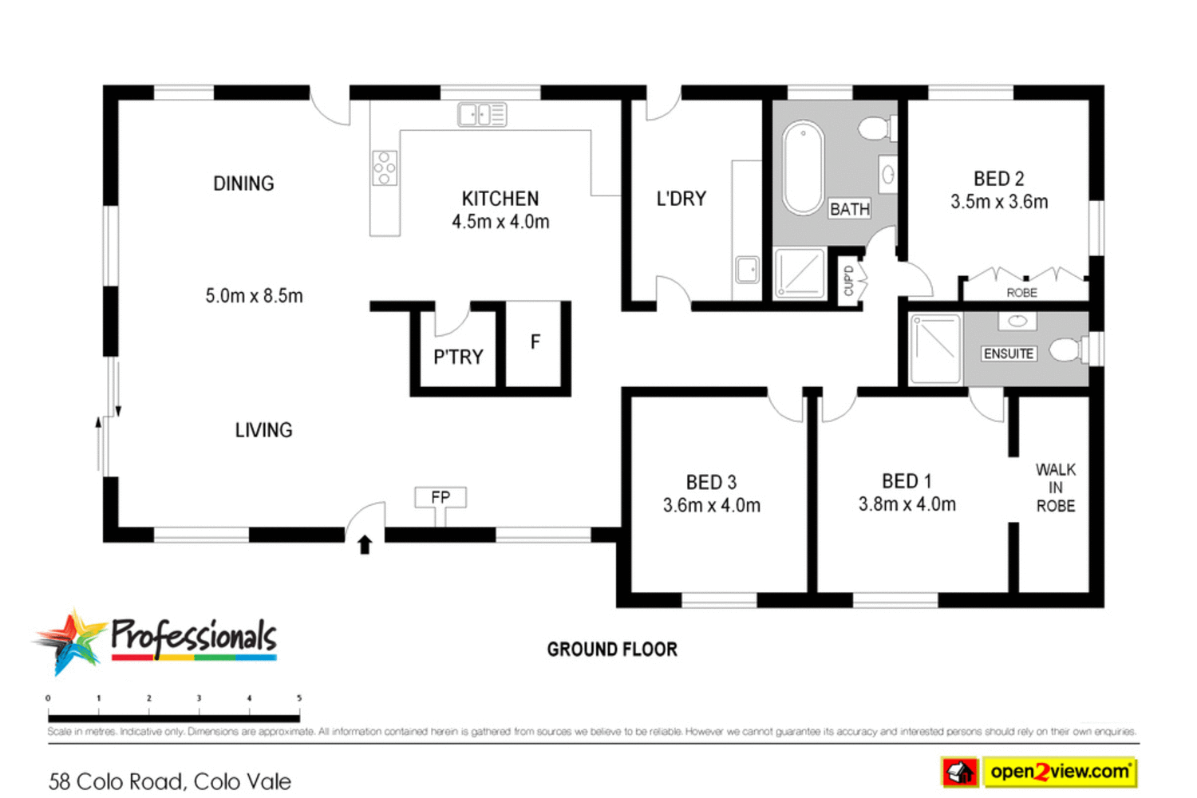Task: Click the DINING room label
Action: pos(243,184)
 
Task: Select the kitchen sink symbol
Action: pos(482,115)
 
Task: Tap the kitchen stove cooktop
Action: pos(385,168)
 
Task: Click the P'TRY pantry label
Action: pos(458,357)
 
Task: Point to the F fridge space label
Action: pos(535,342)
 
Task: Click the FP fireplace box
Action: pos(440,498)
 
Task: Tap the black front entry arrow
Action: pos(365,545)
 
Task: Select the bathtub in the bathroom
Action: pos(802,168)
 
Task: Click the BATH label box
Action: pos(850,209)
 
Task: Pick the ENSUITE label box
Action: pos(1009,354)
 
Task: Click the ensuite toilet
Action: pos(1067,350)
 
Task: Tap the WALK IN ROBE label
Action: pos(1055,488)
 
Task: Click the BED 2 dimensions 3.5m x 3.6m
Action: pos(999,202)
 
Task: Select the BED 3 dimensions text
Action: pos(711,505)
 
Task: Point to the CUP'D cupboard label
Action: pos(849,280)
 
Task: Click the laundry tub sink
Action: pos(748,270)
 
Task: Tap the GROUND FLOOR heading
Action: pos(612,650)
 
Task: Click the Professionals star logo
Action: pos(70,641)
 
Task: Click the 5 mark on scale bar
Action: pos(299,698)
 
